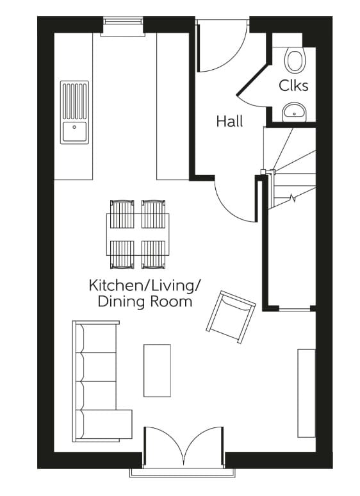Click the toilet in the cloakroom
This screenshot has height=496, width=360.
[295, 60]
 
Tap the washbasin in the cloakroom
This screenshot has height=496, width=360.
[295, 112]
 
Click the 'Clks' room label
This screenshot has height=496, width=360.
[293, 86]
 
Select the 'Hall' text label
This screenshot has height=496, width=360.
[229, 121]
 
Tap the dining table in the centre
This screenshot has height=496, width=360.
[138, 234]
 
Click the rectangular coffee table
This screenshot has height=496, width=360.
[157, 370]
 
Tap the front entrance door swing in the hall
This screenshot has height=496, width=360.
[218, 51]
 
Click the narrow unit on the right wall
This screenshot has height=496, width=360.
[306, 393]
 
